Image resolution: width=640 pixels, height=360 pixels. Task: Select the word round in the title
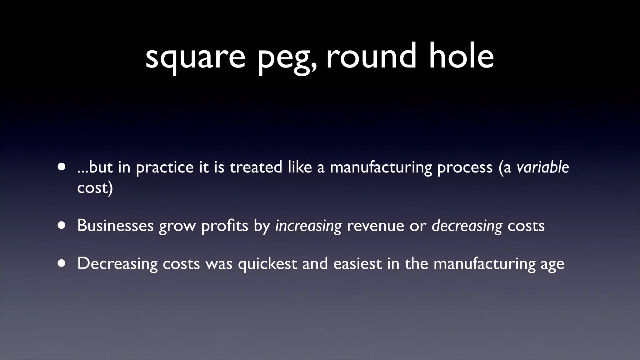tap(371, 56)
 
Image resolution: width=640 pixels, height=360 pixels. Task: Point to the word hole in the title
tap(461, 56)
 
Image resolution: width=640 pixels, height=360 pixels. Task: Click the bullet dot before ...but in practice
tap(62, 167)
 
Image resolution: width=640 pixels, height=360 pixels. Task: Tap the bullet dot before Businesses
tap(62, 225)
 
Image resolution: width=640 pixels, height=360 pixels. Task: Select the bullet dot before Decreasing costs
tap(62, 263)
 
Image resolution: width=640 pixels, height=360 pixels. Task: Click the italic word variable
tap(542, 167)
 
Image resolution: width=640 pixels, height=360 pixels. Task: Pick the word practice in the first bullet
tap(165, 167)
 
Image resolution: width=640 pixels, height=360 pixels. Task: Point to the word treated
tap(256, 167)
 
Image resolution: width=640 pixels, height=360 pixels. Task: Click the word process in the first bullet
tap(465, 167)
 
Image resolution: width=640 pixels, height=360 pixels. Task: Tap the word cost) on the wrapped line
tap(95, 187)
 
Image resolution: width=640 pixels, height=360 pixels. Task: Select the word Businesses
tap(115, 225)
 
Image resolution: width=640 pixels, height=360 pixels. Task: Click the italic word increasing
tap(308, 226)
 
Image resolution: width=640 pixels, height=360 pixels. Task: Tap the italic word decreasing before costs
tap(467, 226)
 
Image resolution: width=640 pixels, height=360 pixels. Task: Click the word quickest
tap(267, 263)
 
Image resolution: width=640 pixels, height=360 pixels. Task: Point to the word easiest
tap(357, 263)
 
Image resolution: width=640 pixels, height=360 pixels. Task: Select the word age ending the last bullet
tap(552, 264)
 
